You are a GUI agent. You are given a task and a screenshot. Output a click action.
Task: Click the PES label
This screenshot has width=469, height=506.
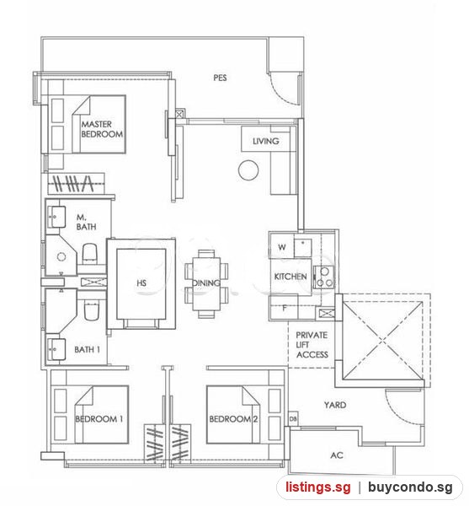click(220, 78)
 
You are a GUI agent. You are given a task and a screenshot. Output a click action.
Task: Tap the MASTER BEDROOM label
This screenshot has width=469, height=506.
click(102, 129)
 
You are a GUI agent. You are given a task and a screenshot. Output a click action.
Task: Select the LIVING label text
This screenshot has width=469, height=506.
click(265, 141)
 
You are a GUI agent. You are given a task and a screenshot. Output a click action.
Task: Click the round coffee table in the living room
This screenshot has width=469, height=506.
click(248, 170)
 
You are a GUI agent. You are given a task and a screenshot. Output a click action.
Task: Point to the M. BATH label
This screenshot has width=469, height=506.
click(86, 222)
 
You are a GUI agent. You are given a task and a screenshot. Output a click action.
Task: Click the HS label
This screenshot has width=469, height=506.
click(141, 283)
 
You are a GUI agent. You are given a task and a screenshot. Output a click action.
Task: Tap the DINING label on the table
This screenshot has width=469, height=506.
click(206, 283)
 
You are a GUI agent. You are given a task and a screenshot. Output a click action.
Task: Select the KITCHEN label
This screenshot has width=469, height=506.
click(290, 277)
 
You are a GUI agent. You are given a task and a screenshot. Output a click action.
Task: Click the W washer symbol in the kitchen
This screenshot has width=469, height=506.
click(282, 247)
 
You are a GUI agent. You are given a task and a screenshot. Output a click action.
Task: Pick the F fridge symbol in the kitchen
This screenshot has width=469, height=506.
click(284, 308)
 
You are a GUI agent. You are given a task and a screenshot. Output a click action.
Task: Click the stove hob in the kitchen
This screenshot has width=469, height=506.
click(323, 277)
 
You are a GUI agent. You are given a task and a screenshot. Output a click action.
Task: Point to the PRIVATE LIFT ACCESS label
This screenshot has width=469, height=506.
click(312, 345)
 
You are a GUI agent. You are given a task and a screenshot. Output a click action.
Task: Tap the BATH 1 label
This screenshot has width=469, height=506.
click(87, 349)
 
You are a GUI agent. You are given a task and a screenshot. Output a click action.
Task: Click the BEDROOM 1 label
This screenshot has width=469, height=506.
click(99, 419)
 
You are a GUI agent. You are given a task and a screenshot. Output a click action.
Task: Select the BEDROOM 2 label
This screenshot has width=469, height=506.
click(233, 419)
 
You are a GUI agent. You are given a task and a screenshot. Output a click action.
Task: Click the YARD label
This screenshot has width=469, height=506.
click(335, 405)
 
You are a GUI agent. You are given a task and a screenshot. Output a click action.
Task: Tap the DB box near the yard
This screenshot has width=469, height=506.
click(293, 419)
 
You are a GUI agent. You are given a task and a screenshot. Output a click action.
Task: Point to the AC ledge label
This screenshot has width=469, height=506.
click(337, 455)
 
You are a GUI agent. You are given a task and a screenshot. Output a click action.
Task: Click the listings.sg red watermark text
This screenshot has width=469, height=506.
click(317, 487)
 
